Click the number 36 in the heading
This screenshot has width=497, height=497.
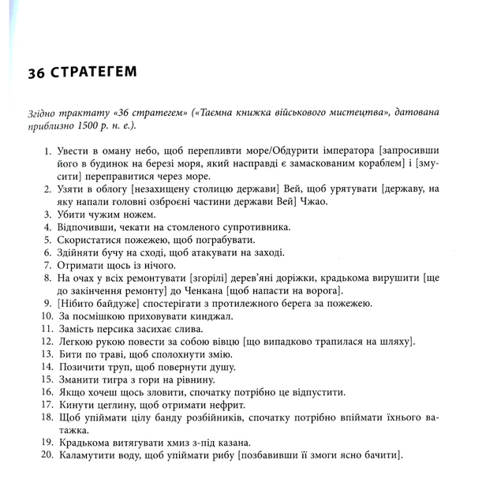pos(36,73)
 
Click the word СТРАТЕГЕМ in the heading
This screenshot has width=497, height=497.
pos(94,73)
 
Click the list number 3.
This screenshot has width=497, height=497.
pos(47,215)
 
